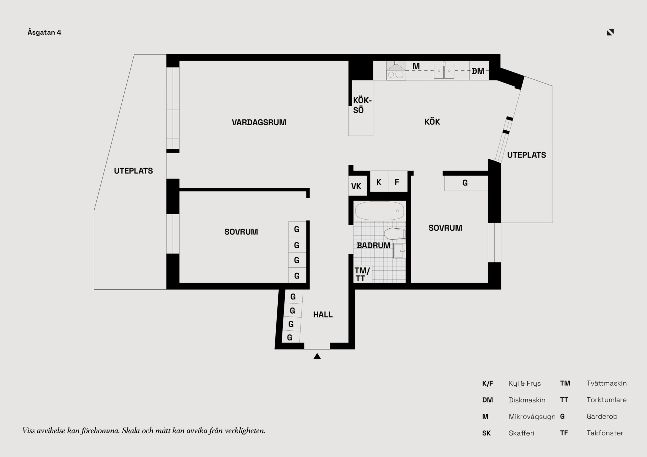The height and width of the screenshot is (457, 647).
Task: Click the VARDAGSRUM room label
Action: [259, 122]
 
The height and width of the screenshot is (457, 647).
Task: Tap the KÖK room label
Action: [432, 122]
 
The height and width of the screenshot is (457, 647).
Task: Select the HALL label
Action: [323, 315]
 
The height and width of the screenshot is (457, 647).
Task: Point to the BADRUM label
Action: [373, 246]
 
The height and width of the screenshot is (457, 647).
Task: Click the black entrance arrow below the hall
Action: [317, 356]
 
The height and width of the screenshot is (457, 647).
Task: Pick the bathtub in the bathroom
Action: [380, 211]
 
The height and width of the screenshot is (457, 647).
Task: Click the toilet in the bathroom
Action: [394, 233]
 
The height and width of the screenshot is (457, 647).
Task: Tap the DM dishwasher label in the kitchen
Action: [478, 71]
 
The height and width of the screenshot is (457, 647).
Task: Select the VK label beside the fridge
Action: [356, 186]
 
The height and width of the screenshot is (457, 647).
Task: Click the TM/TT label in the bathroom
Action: [362, 274]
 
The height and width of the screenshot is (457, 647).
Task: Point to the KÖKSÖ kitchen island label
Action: [362, 105]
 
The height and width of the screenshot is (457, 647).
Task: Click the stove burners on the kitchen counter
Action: [396, 75]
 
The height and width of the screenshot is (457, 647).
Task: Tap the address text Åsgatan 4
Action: [44, 32]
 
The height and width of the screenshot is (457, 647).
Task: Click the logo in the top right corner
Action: [610, 32]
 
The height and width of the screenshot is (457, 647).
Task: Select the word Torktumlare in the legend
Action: [607, 400]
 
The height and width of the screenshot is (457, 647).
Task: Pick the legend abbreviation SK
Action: [486, 433]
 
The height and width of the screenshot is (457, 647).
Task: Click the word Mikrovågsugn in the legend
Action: [532, 417]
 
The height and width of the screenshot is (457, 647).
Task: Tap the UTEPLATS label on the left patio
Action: [133, 171]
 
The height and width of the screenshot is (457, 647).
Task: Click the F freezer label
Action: [397, 182]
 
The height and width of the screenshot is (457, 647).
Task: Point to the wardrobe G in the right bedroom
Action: [465, 183]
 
